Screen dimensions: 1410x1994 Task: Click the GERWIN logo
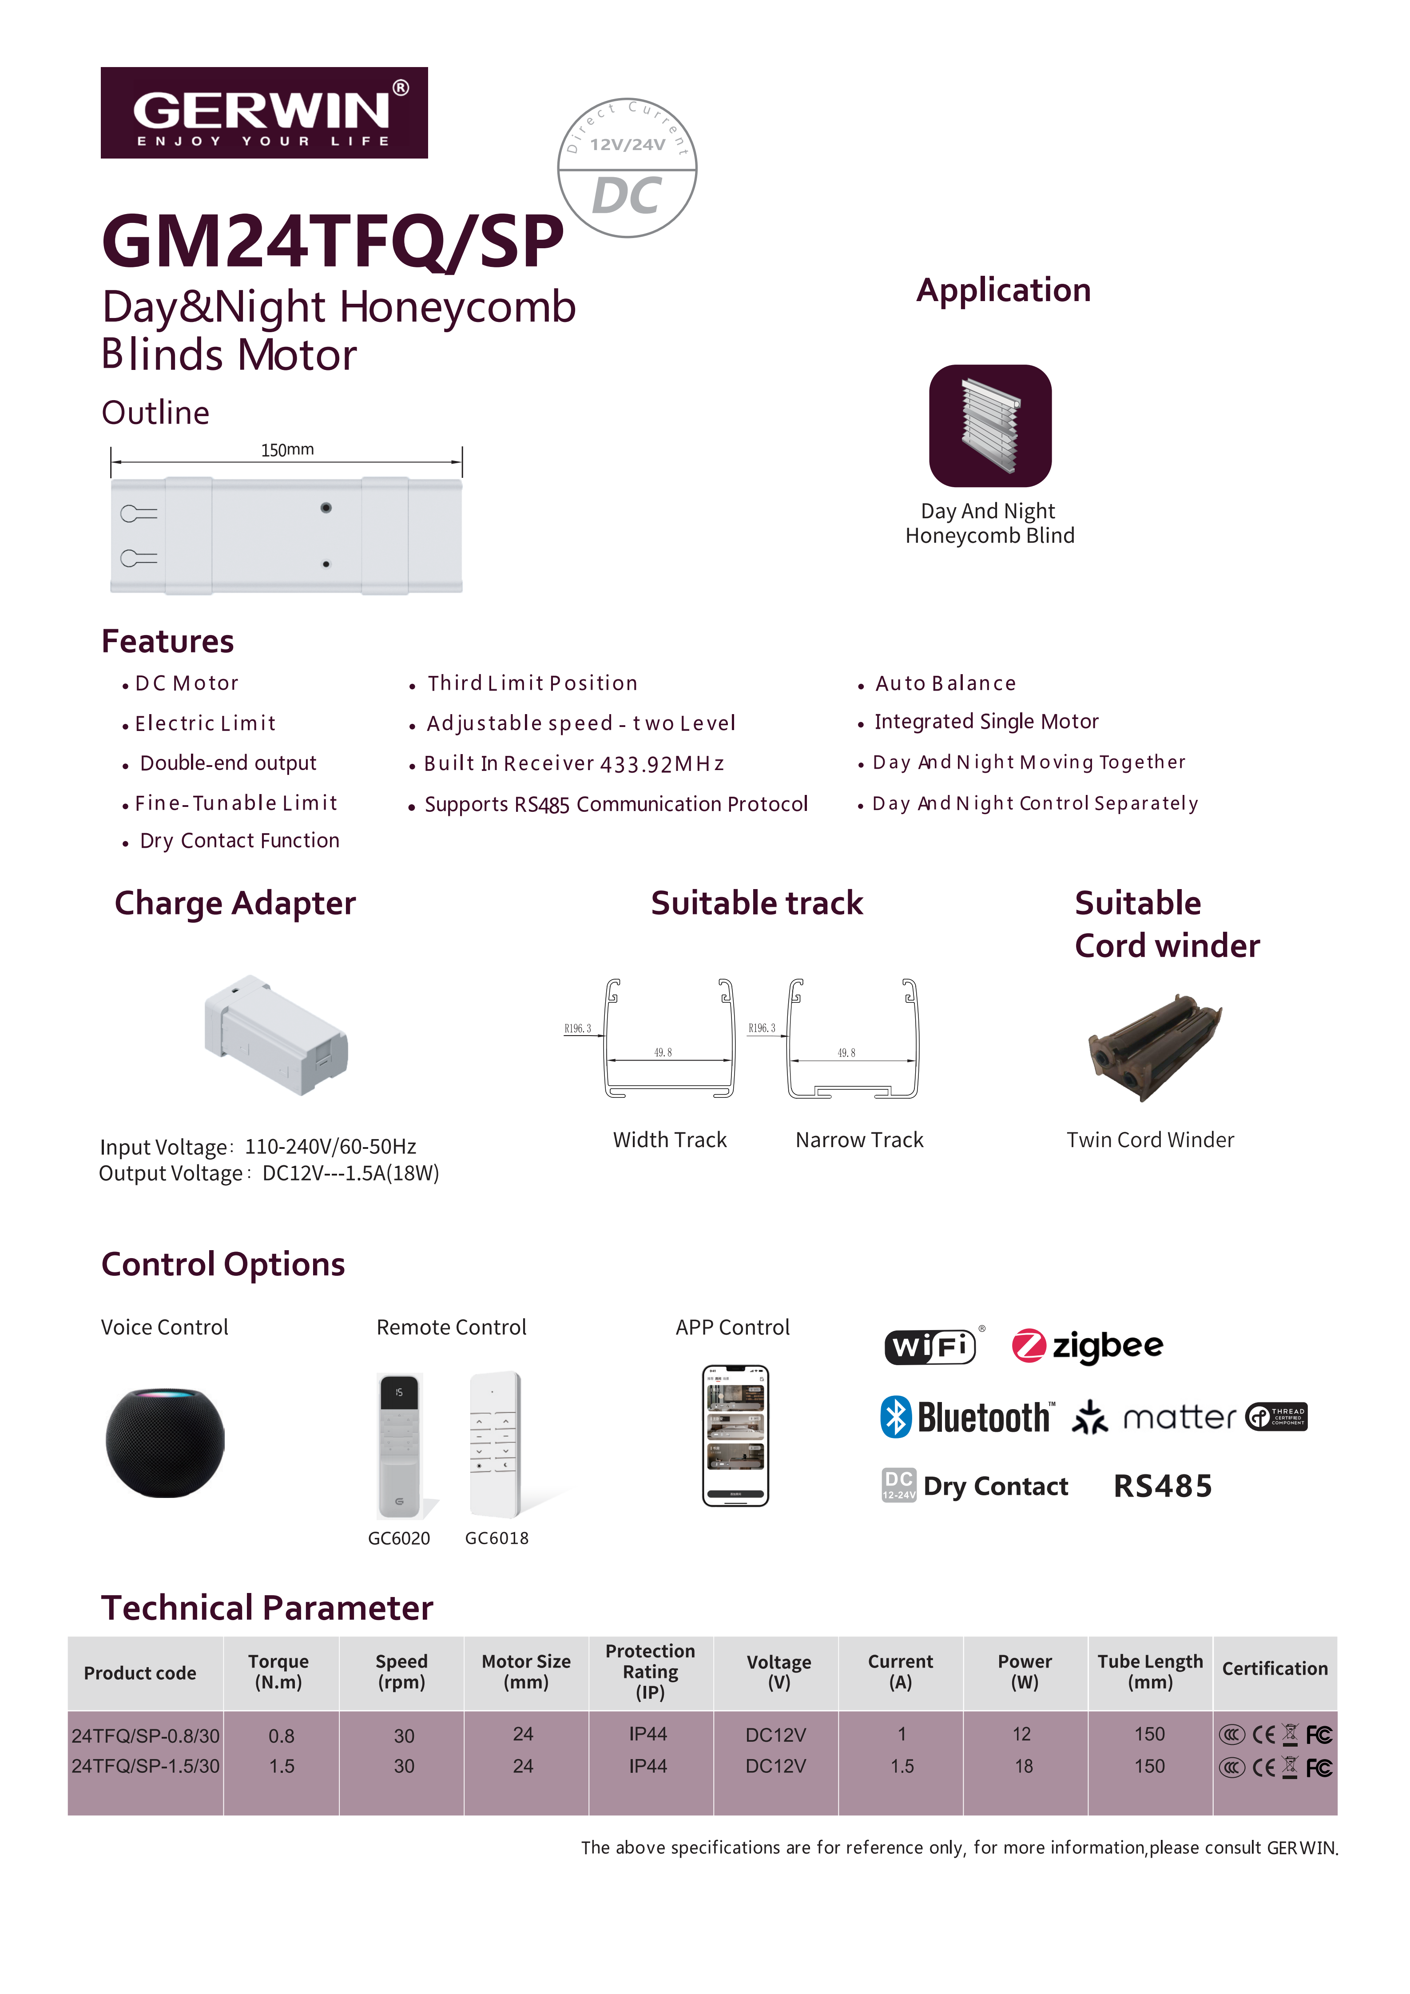(264, 113)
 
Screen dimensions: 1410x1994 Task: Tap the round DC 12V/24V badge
(627, 167)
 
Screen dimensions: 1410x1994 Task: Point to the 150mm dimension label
(287, 450)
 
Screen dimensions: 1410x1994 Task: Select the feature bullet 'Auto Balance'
(945, 683)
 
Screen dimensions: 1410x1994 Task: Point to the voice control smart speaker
(165, 1442)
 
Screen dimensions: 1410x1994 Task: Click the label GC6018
(496, 1538)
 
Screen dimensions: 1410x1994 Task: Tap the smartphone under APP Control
(735, 1436)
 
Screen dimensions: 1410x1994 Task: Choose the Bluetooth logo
(967, 1417)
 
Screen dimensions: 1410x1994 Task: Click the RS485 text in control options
(1163, 1486)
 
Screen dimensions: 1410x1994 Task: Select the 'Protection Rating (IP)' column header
(650, 1672)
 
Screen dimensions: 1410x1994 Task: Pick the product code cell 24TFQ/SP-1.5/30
(145, 1767)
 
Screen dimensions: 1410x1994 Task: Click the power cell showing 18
(1025, 1767)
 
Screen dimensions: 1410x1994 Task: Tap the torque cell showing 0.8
(281, 1736)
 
